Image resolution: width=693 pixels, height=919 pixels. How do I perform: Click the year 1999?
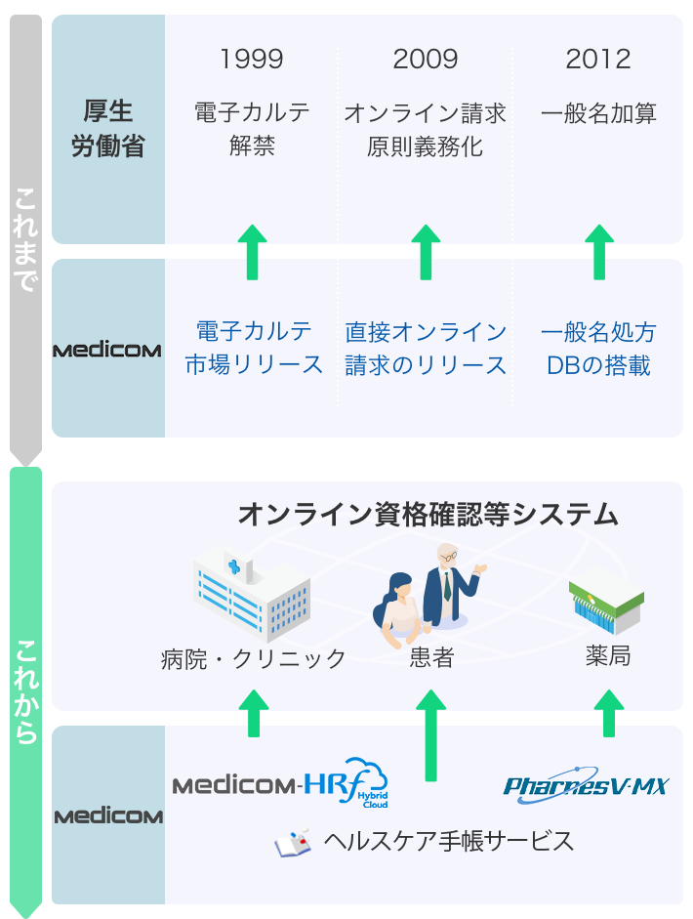(252, 60)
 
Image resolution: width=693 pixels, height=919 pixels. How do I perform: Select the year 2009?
(426, 60)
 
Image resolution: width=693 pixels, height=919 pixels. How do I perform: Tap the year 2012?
(598, 60)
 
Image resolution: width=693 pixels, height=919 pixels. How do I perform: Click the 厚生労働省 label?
(108, 129)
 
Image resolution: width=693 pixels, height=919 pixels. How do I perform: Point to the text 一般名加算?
(598, 113)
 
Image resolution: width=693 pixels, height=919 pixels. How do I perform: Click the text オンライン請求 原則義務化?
(426, 130)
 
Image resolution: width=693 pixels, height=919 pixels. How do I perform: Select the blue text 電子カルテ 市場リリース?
(254, 348)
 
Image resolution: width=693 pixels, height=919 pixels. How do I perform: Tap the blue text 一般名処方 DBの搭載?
(598, 348)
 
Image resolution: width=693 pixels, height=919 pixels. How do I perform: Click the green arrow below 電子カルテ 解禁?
(253, 251)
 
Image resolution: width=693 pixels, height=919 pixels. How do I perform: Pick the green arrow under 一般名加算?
(598, 251)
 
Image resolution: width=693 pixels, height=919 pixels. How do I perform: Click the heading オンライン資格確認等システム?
(428, 515)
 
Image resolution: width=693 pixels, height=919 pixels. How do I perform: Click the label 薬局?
(608, 655)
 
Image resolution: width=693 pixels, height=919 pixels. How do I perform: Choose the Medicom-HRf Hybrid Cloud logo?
(280, 784)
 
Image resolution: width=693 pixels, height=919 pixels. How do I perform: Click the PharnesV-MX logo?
(586, 784)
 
